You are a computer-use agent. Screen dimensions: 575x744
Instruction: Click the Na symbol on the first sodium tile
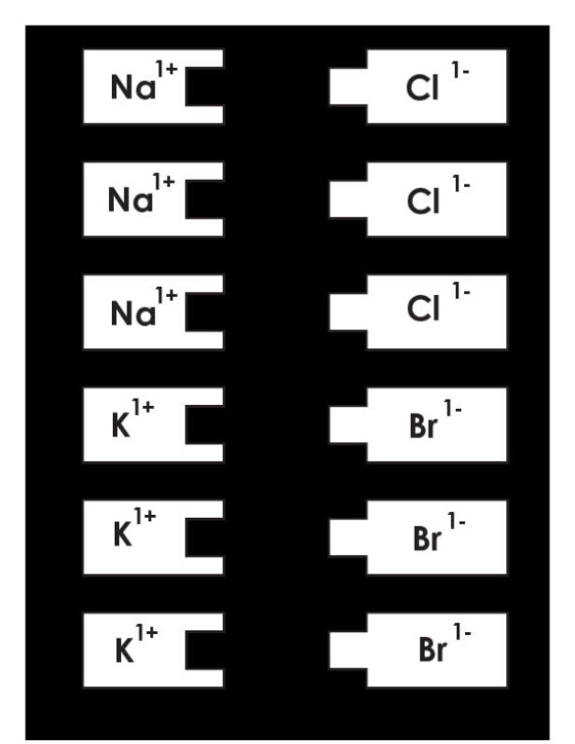click(x=133, y=87)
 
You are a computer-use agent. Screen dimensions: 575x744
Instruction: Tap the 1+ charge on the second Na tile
click(x=164, y=182)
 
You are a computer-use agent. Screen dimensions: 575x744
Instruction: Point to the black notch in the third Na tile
click(x=205, y=312)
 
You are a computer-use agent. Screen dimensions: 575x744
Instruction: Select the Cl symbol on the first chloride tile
click(x=422, y=88)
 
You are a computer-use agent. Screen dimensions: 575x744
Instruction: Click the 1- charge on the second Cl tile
click(x=460, y=183)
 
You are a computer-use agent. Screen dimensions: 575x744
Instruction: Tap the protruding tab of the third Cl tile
click(x=349, y=312)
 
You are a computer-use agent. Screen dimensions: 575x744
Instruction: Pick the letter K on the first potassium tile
click(x=121, y=426)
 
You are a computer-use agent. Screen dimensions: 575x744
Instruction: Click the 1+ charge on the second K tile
click(x=144, y=515)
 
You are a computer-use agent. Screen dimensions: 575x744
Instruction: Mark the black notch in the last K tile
click(x=205, y=651)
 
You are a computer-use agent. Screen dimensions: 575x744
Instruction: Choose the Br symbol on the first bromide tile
click(x=423, y=426)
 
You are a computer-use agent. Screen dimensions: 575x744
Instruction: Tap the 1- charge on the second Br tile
click(x=456, y=521)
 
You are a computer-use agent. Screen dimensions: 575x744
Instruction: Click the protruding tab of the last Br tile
click(x=349, y=650)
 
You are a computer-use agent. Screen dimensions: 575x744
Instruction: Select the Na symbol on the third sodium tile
click(x=133, y=313)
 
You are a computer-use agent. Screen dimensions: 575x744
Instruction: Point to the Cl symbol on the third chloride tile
click(x=423, y=309)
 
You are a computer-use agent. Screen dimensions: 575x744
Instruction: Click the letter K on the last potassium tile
click(x=124, y=651)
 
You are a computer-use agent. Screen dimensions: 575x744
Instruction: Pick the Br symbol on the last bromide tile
click(x=432, y=650)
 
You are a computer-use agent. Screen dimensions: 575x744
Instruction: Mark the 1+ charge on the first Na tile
click(x=166, y=69)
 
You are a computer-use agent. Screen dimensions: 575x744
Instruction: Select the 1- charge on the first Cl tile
click(x=460, y=70)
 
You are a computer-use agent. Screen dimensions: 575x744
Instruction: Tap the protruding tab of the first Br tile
click(x=349, y=426)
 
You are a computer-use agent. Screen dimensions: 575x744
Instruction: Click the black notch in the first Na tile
click(x=205, y=87)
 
